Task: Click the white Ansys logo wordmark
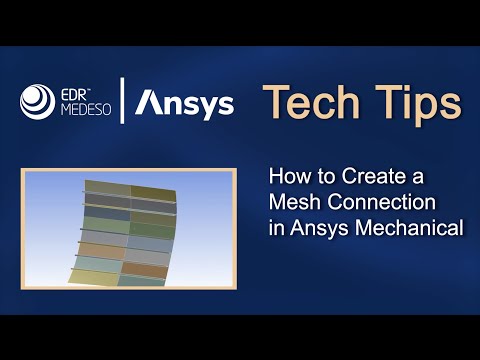185,103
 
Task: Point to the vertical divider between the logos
123,103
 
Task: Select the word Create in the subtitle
372,178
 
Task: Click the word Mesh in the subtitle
292,203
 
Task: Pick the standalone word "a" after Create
418,179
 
